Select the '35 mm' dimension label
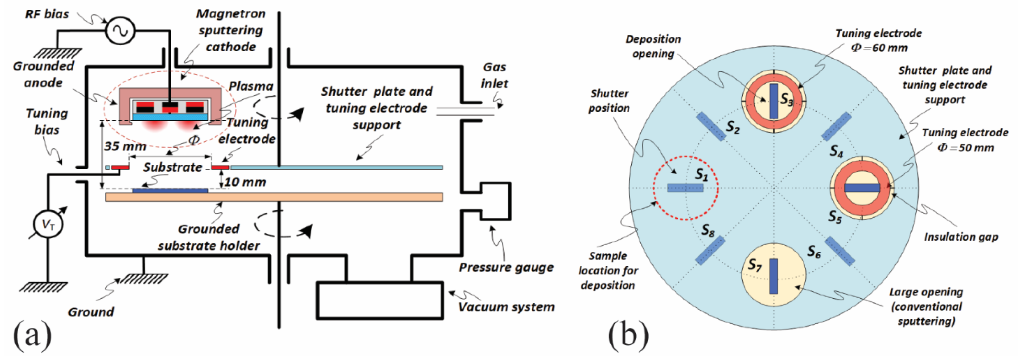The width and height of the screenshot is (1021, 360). (x=125, y=146)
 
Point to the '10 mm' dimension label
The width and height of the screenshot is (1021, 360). (x=245, y=182)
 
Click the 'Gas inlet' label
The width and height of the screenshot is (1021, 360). (x=494, y=75)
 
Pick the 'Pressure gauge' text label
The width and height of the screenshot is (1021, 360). (x=506, y=268)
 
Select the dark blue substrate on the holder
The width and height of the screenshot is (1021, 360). (x=170, y=191)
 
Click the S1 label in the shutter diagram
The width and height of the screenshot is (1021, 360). (x=701, y=175)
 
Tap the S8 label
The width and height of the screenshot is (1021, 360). (x=708, y=230)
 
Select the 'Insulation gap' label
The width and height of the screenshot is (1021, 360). (x=961, y=237)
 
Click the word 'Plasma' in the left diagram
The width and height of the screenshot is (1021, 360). (x=251, y=86)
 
